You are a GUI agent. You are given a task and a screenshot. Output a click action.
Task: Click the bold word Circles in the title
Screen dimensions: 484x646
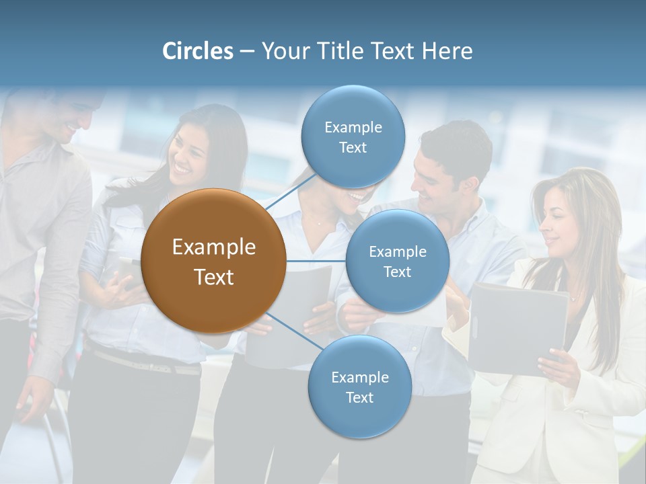[x=198, y=51]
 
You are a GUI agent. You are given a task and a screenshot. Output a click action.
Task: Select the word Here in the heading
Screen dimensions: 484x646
[x=447, y=51]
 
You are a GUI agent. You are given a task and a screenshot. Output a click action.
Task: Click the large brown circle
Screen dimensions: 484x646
[x=213, y=261]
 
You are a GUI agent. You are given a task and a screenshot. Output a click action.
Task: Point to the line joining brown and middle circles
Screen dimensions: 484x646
[x=316, y=261]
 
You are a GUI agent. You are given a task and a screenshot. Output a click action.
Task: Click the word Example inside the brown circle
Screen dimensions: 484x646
[x=213, y=247]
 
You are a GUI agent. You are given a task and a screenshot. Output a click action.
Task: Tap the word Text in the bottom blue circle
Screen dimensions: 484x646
[x=359, y=397]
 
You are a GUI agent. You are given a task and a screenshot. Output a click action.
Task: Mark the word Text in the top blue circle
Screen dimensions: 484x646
[x=353, y=147]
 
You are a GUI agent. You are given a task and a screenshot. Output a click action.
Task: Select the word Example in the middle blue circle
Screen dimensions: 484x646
[x=397, y=252]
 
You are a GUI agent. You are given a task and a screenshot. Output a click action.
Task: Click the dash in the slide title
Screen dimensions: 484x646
[x=247, y=52]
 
